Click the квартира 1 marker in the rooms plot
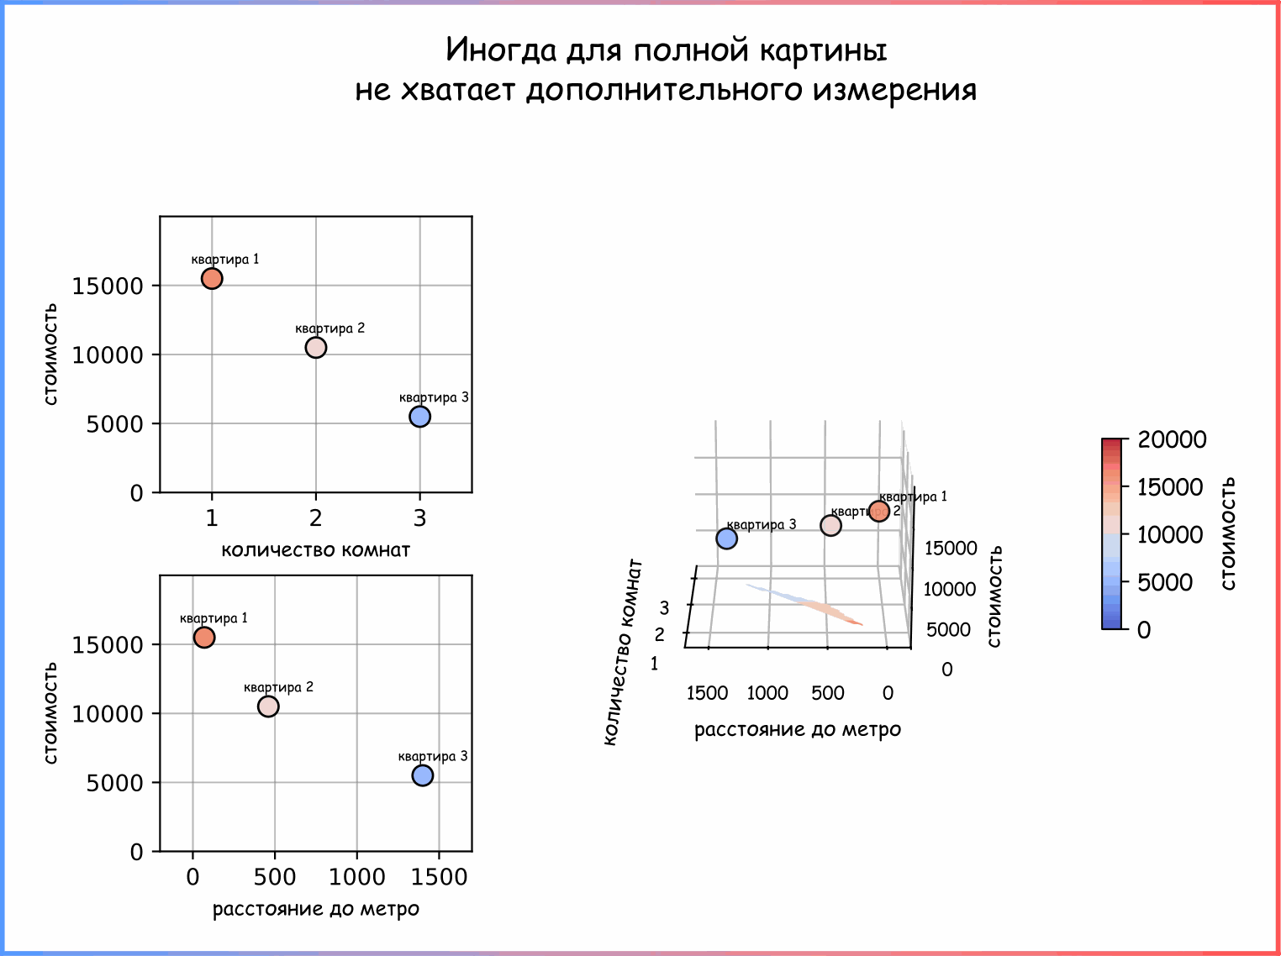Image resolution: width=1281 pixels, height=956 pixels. tap(212, 278)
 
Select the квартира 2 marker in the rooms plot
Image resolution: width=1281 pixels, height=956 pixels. tap(315, 347)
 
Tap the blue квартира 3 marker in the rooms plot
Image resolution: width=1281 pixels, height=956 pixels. tap(419, 416)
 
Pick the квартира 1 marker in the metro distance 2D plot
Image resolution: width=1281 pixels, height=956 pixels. tap(204, 638)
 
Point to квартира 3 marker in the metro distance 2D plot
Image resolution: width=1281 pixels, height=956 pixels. tap(423, 775)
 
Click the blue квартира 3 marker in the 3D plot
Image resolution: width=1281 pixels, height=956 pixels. tap(727, 538)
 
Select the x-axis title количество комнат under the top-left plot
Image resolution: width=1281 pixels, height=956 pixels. tap(315, 550)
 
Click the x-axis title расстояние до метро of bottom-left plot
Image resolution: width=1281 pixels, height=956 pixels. tap(315, 909)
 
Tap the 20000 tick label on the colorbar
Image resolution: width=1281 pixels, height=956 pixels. tap(1172, 439)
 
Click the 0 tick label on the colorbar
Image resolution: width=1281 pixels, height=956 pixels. tap(1144, 630)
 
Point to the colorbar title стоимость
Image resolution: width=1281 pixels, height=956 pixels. tap(1228, 533)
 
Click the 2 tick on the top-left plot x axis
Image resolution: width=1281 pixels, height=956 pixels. tap(315, 518)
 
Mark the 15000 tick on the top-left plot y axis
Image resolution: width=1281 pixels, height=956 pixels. tap(108, 286)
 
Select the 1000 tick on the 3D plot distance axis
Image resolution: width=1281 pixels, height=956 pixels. tap(767, 693)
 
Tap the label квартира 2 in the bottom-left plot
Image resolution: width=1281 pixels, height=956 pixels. tap(278, 687)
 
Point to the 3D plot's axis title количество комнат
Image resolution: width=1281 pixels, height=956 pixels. tap(623, 651)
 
